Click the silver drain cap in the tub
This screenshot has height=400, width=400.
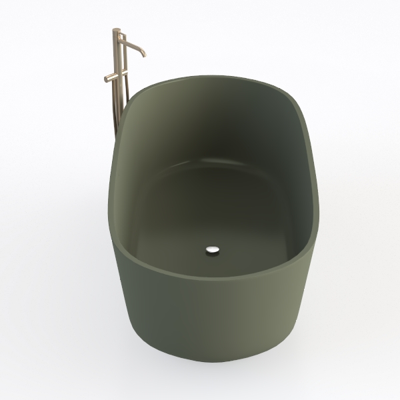tap(212, 251)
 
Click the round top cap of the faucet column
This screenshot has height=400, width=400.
tap(117, 30)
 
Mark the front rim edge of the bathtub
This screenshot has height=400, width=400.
tap(200, 273)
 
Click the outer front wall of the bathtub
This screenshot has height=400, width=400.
tap(200, 327)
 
